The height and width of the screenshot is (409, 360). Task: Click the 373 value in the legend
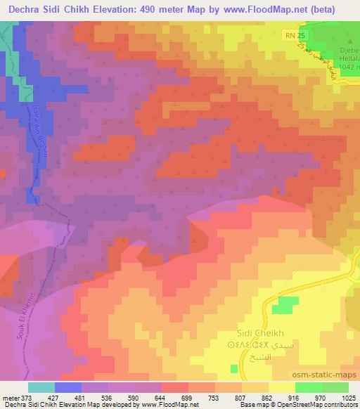click(27, 398)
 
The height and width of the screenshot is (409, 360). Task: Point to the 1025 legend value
click(349, 398)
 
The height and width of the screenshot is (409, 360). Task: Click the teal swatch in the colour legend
click(41, 387)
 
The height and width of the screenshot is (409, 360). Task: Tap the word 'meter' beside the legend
click(11, 398)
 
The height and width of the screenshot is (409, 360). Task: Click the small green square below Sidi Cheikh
click(234, 368)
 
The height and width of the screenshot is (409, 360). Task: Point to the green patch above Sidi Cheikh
click(283, 305)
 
